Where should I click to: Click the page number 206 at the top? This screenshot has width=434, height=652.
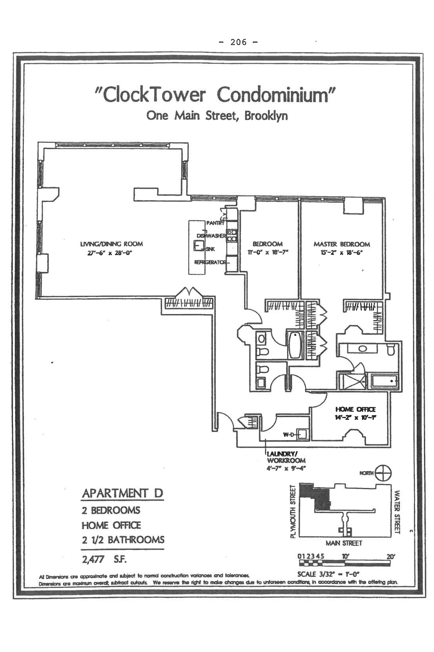pos(238,42)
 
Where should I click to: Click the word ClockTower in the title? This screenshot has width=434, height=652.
pos(154,95)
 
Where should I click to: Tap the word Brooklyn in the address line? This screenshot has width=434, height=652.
pos(266,116)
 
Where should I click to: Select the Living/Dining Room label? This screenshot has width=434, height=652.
pos(111,244)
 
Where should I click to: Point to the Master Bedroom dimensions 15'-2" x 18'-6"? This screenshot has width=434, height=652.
pos(341,253)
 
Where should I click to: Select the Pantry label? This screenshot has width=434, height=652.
pos(215,223)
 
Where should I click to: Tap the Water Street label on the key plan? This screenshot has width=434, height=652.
pos(397,512)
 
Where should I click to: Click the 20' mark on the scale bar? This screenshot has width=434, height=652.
pos(391,556)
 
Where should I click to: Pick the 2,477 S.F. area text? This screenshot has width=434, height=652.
pos(104,559)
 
